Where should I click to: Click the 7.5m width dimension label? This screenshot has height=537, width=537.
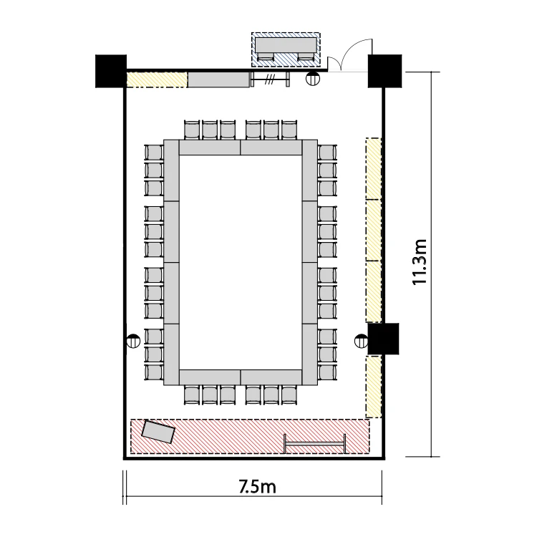click(x=257, y=487)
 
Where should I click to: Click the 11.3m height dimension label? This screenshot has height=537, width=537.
click(x=419, y=262)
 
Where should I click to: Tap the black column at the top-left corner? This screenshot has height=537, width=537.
click(x=110, y=71)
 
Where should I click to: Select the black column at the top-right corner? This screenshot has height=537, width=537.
click(x=384, y=71)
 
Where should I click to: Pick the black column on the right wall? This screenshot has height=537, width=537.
click(x=383, y=339)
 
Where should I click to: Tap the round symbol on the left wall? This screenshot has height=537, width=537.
click(x=133, y=341)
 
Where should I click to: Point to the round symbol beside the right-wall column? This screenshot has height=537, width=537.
click(x=361, y=341)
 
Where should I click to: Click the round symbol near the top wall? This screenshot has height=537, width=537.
click(x=312, y=79)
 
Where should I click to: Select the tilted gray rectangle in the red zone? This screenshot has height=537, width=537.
click(x=158, y=432)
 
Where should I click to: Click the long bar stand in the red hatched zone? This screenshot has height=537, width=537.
click(x=315, y=444)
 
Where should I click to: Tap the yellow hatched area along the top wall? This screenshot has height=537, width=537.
click(x=158, y=79)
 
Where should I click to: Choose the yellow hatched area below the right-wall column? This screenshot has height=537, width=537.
click(x=374, y=387)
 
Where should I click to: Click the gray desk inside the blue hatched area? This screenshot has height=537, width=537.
click(x=286, y=46)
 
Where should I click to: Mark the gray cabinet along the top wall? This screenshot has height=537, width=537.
click(x=219, y=79)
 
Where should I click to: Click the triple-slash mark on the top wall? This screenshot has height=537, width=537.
click(x=269, y=80)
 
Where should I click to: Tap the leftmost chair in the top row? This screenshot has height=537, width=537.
click(x=192, y=130)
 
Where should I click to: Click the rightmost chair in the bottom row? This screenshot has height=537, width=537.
click(x=289, y=395)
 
